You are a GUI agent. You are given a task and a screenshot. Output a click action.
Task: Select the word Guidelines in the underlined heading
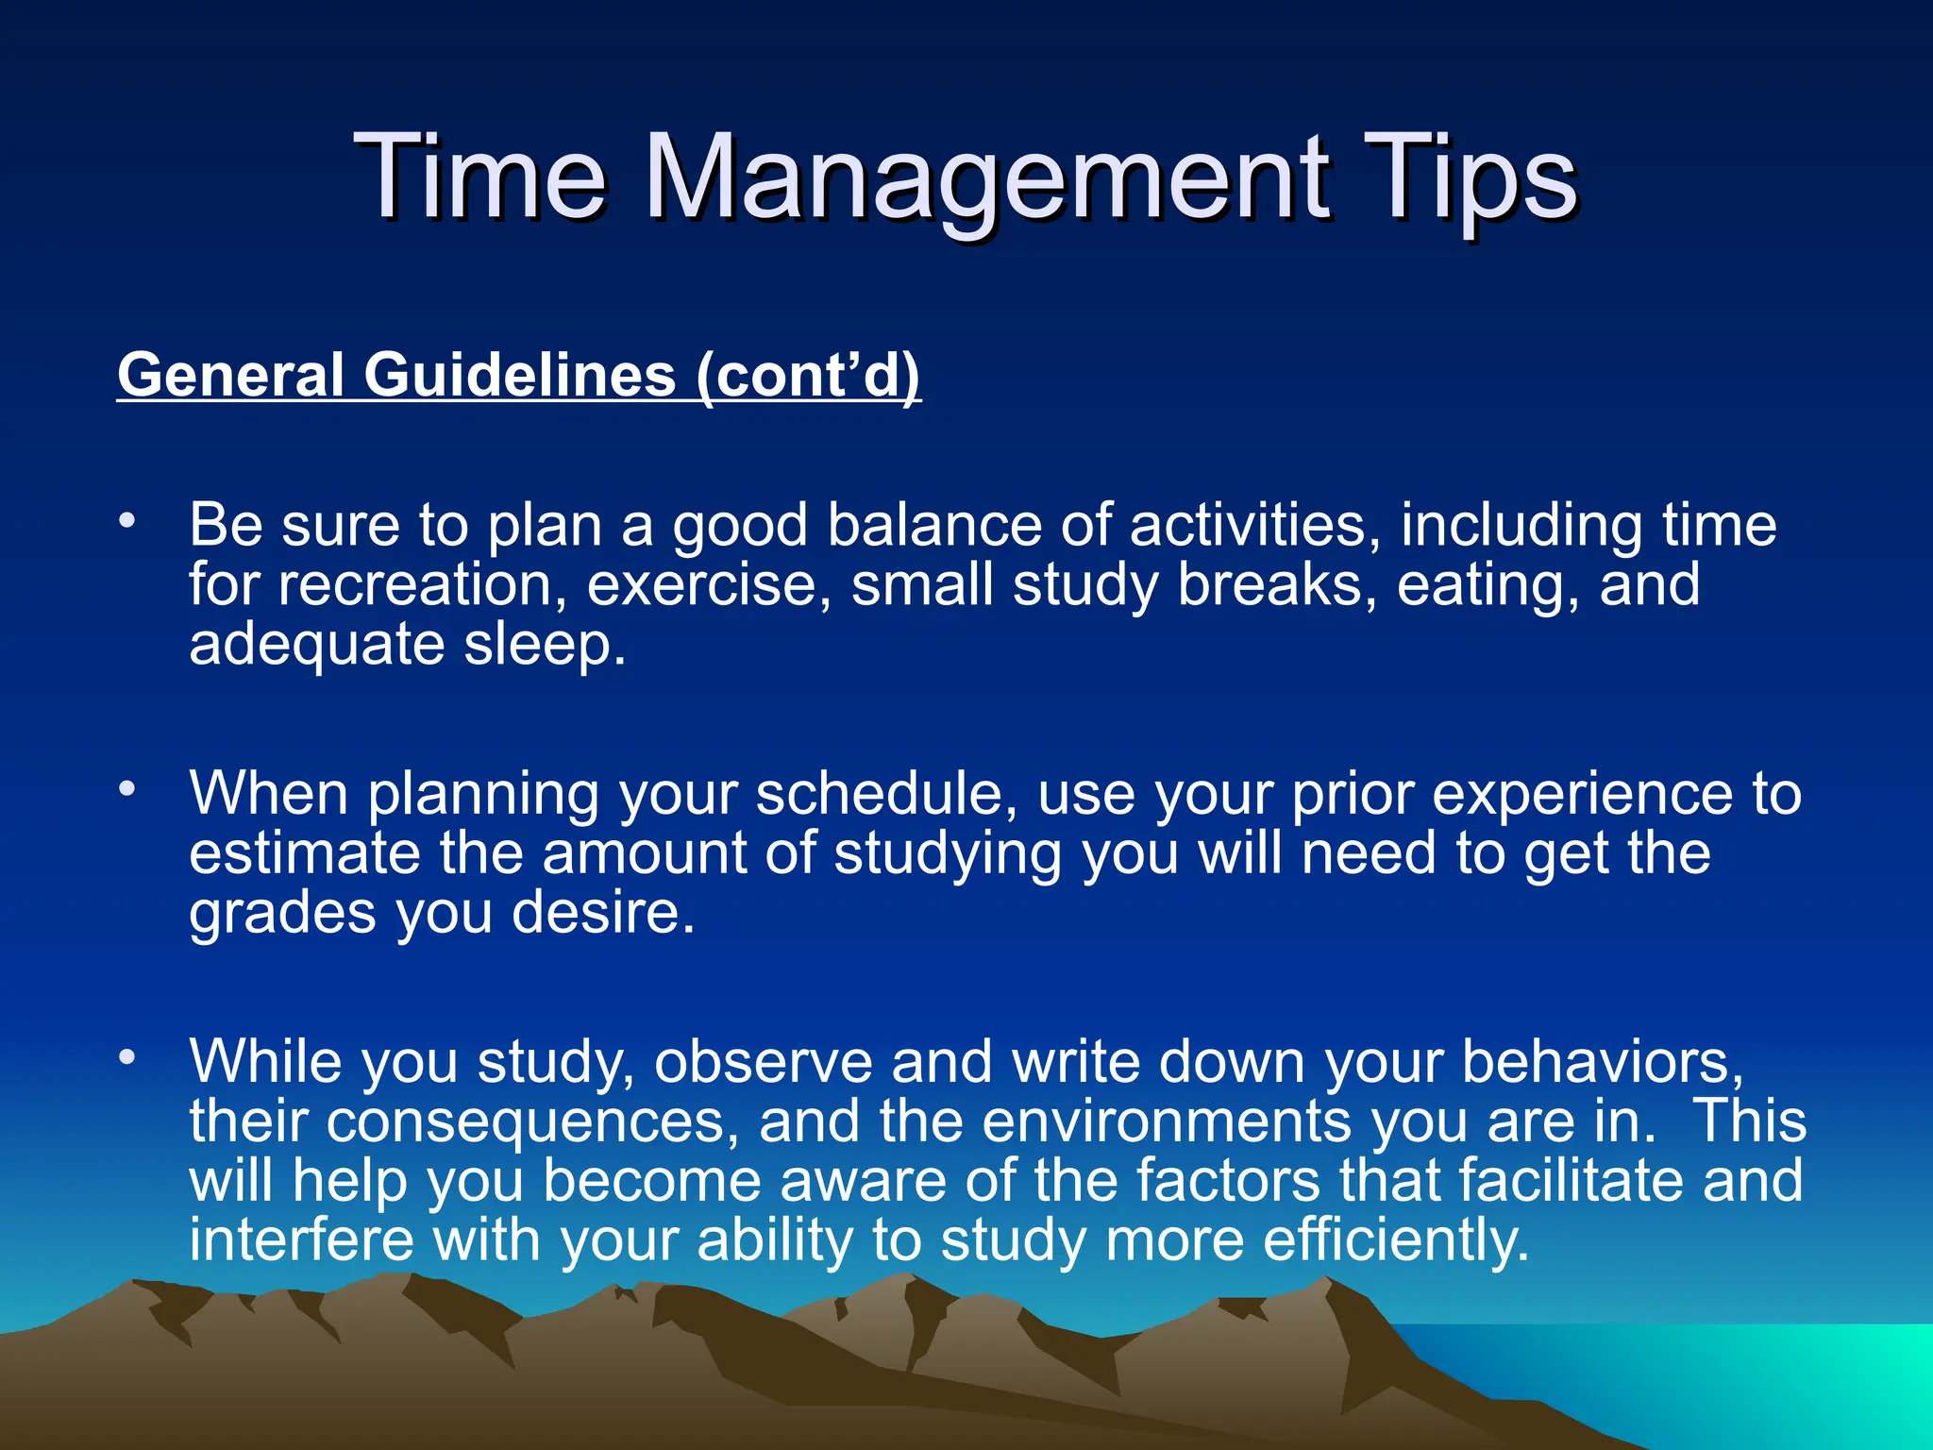520,375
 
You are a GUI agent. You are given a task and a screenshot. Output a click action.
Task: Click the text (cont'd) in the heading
808,375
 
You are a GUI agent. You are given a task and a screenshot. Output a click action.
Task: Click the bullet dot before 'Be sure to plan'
127,520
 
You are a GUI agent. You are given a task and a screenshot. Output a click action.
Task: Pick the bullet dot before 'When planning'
127,788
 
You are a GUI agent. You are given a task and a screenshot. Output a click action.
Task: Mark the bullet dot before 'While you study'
127,1056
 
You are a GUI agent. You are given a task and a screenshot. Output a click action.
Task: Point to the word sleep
545,646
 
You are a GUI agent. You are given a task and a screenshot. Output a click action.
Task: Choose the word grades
282,914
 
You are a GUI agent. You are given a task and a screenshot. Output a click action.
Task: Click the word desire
604,914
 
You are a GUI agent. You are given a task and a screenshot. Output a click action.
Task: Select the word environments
1167,1122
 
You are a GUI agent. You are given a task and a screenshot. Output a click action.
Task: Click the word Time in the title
480,179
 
